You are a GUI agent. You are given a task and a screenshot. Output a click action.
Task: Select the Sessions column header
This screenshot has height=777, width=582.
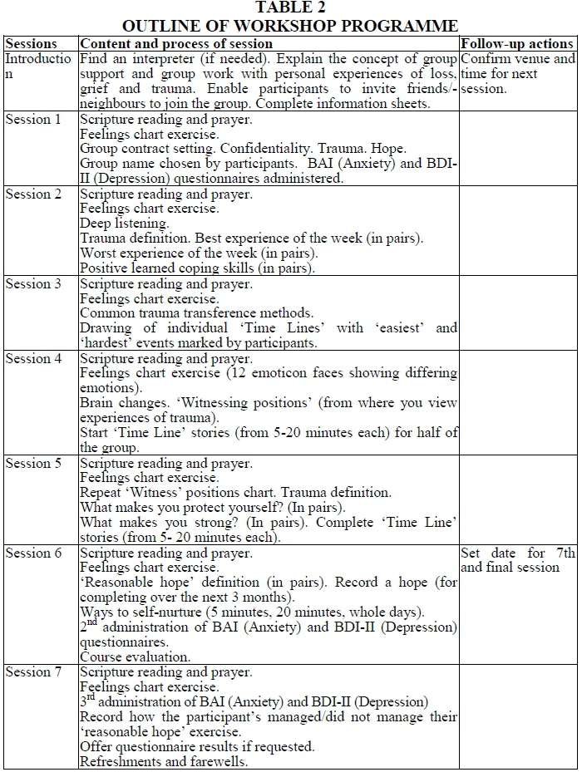coord(32,43)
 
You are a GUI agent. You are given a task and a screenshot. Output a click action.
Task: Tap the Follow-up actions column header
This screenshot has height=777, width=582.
coord(516,43)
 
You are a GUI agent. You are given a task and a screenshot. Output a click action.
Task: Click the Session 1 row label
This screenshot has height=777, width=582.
coord(33,120)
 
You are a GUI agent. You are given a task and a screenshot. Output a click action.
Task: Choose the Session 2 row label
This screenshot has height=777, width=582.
coord(33,194)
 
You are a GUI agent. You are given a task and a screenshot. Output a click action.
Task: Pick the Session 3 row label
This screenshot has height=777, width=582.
coord(33,284)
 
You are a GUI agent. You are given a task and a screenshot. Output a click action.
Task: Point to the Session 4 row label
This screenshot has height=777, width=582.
coord(33,359)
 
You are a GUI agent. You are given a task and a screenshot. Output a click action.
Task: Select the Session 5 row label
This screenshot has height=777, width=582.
coord(33,464)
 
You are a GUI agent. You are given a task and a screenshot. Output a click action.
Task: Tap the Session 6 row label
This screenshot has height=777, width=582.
coord(33,553)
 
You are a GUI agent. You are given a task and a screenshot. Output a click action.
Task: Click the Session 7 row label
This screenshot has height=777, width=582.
coord(33,673)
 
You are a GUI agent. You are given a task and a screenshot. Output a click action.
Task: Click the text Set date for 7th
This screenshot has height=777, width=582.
coord(516,553)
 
